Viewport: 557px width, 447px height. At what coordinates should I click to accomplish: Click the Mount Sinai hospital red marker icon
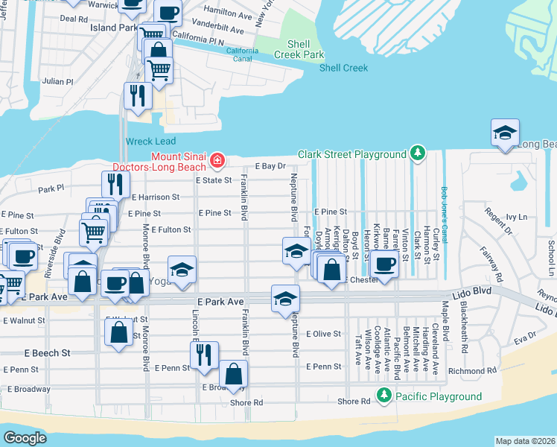(217, 160)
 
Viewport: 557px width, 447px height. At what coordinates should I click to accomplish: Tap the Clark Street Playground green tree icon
(418, 154)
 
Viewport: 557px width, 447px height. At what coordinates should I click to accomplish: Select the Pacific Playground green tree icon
(383, 396)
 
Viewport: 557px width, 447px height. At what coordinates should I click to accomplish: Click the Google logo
(25, 437)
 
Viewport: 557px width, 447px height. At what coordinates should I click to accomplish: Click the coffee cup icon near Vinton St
(385, 264)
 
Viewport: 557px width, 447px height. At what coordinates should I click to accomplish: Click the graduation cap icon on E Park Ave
(285, 299)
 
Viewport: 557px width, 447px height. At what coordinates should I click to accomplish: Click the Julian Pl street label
(58, 81)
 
